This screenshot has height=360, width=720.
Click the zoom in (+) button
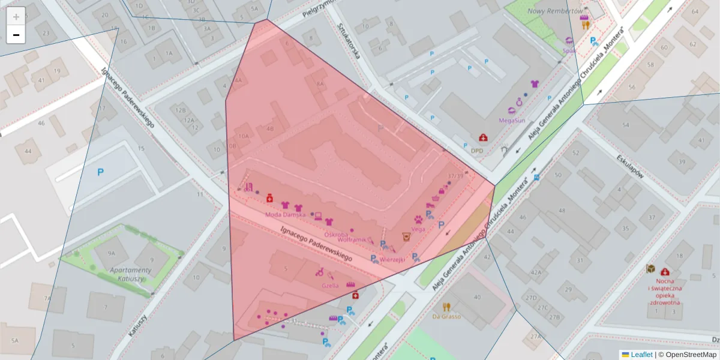point(16,17)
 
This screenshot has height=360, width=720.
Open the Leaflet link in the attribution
point(641,355)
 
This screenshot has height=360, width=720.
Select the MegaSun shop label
point(512,120)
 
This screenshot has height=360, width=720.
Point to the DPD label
point(477,151)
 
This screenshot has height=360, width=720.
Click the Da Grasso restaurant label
point(446,316)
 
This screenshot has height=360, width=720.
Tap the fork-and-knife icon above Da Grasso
point(446,307)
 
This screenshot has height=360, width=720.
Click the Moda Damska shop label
point(286,214)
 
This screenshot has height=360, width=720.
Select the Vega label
point(418,229)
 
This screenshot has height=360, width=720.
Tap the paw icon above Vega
point(418,220)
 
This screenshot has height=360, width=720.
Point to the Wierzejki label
point(393,259)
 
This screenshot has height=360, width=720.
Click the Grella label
point(330,286)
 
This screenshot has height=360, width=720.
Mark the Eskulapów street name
point(630,167)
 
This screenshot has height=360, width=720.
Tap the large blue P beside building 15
point(101,172)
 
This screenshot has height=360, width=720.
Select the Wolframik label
point(352,239)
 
